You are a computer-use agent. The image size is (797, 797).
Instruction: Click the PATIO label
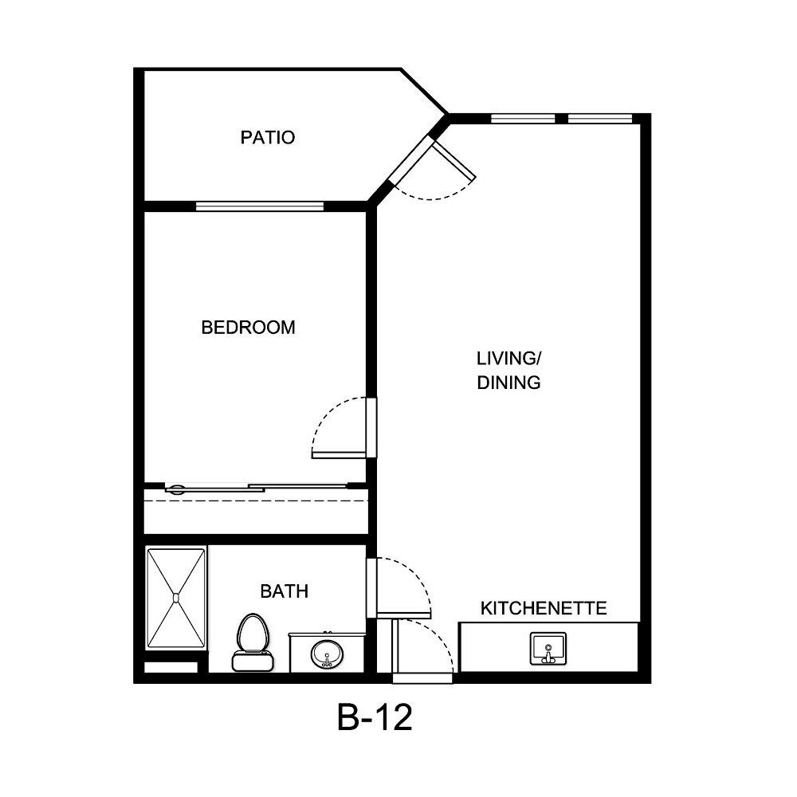pos(268,138)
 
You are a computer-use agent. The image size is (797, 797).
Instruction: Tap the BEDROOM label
pos(248,328)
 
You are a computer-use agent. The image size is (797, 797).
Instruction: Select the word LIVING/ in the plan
pos(509,357)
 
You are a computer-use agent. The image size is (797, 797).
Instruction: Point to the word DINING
pos(509,383)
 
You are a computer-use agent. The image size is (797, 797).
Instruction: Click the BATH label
pos(284,591)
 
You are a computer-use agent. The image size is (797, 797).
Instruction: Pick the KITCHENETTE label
pos(544,609)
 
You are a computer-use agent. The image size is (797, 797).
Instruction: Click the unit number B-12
pos(375,719)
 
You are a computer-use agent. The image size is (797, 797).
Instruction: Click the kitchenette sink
pos(548,648)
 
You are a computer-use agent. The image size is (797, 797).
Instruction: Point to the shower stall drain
pos(177,595)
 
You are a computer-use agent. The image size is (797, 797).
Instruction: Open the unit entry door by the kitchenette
pos(395,650)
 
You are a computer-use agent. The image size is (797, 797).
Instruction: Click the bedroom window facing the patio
pos(260,206)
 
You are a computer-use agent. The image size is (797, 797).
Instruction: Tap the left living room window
pos(523,120)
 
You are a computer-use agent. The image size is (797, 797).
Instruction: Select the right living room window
pos(600,120)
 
